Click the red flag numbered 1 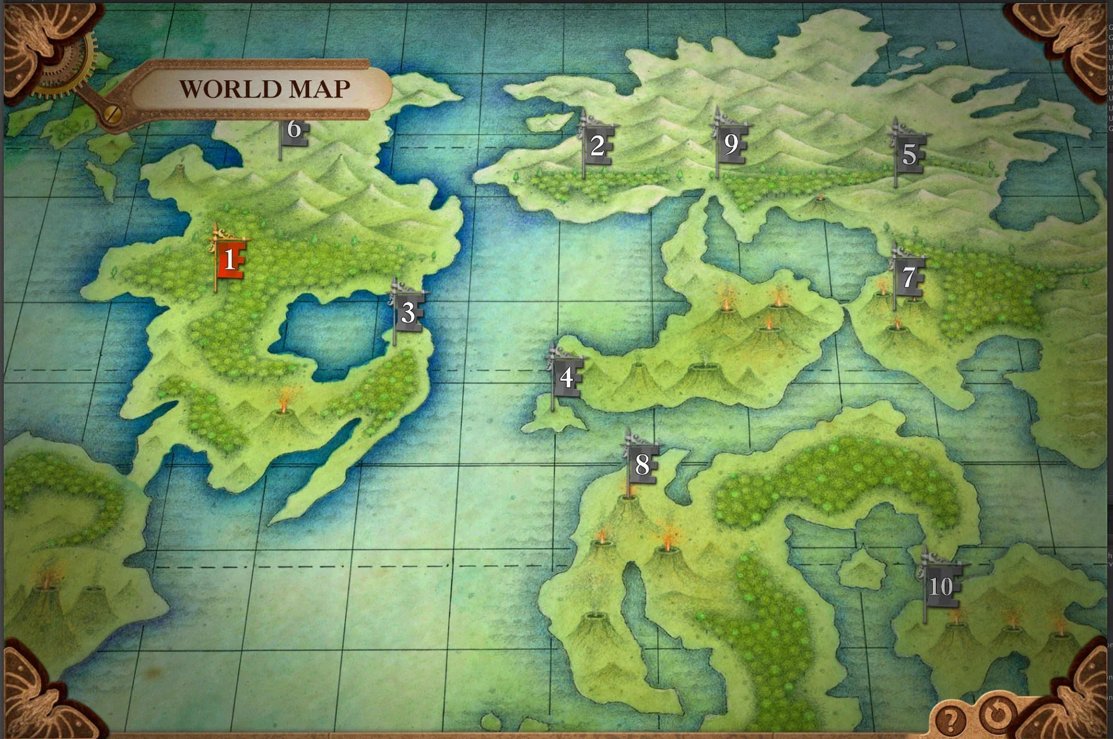pos(230,259)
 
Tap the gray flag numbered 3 pos(409,313)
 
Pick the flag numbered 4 pos(567,377)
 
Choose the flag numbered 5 pos(909,154)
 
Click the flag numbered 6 pos(294,130)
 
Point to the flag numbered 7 pos(909,277)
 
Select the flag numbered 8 pos(642,465)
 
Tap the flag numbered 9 pos(731,144)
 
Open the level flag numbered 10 pos(940,587)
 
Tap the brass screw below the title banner pos(114,114)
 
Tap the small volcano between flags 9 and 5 pos(820,201)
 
